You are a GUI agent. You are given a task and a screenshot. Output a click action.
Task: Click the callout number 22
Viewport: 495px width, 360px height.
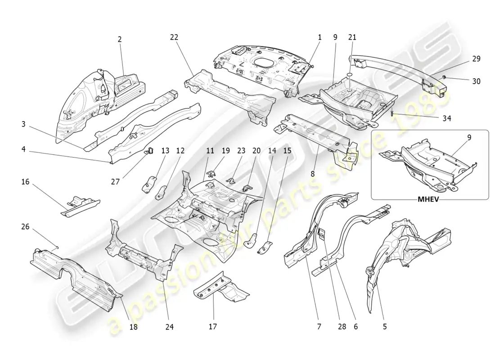(175, 38)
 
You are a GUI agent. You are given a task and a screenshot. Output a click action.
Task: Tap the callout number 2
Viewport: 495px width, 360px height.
(120, 40)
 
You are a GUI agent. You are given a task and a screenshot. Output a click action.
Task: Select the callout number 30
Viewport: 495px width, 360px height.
(476, 81)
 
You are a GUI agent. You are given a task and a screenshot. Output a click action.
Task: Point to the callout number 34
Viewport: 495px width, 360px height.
(446, 118)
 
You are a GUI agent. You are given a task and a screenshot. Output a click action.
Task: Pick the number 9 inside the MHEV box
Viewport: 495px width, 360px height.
(469, 138)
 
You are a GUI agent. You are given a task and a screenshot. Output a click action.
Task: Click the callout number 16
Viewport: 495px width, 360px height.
(26, 182)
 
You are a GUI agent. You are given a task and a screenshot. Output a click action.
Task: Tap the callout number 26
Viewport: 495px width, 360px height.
(26, 227)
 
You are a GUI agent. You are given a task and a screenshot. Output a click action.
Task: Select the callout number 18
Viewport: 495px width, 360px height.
(134, 327)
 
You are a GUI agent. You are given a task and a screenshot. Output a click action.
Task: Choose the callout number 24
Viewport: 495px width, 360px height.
(169, 327)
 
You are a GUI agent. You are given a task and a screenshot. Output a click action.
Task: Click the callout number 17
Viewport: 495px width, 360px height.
(213, 327)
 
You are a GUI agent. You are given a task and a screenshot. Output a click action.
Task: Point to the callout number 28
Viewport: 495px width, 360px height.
(342, 327)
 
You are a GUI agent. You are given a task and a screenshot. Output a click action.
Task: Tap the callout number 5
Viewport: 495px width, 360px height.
(385, 327)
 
